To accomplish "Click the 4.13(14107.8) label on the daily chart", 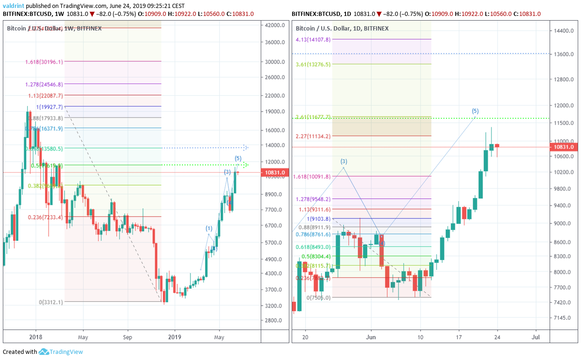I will pyautogui.click(x=313, y=39).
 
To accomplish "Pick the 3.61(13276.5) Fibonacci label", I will pyautogui.click(x=313, y=64).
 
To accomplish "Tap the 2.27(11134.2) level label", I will pyautogui.click(x=313, y=136).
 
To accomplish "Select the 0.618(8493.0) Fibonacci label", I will pyautogui.click(x=313, y=247).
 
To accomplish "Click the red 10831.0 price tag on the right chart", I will pyautogui.click(x=565, y=147).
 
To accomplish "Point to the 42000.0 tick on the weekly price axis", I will pyautogui.click(x=274, y=25).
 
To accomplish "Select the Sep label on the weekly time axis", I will pyautogui.click(x=128, y=337).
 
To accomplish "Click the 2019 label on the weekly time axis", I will pyautogui.click(x=174, y=337).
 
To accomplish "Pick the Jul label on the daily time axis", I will pyautogui.click(x=535, y=337).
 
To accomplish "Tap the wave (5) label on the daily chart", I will pyautogui.click(x=475, y=111).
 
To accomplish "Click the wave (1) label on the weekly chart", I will pyautogui.click(x=209, y=228).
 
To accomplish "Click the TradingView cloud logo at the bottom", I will pyautogui.click(x=44, y=352).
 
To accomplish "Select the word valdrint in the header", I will pyautogui.click(x=13, y=6).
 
